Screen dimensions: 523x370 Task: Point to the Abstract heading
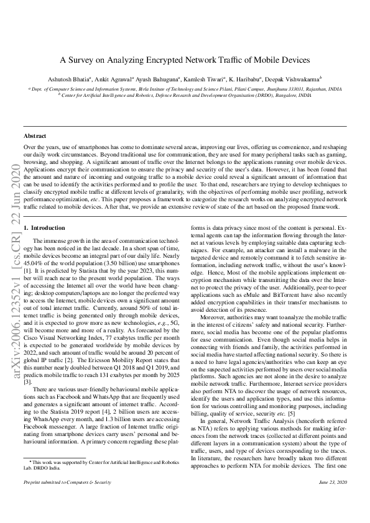point(34,135)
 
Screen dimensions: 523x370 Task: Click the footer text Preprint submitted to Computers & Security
point(67,499)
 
